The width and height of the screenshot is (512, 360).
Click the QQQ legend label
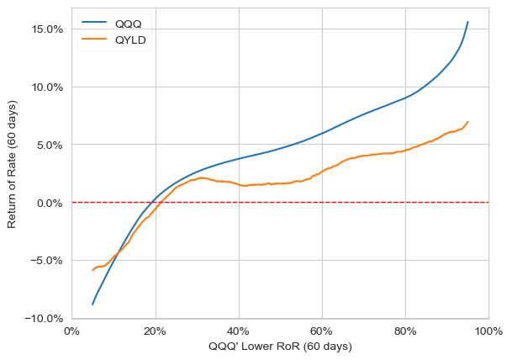(x=129, y=24)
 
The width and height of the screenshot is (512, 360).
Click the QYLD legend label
(x=132, y=40)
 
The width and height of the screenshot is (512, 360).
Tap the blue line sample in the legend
(x=94, y=24)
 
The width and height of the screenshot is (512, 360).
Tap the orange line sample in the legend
(x=94, y=40)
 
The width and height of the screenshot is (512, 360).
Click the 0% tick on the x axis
(x=71, y=331)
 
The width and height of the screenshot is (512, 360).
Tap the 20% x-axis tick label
(x=156, y=331)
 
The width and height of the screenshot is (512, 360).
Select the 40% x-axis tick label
(x=239, y=331)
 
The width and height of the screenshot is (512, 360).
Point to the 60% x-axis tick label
(x=322, y=331)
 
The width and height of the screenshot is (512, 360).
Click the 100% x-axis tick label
(x=488, y=331)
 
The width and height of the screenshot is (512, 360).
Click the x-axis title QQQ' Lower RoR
(x=280, y=347)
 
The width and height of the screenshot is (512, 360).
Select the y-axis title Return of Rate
(x=12, y=173)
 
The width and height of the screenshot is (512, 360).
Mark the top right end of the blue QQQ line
(x=468, y=22)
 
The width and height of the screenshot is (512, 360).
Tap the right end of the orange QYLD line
(x=468, y=122)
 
